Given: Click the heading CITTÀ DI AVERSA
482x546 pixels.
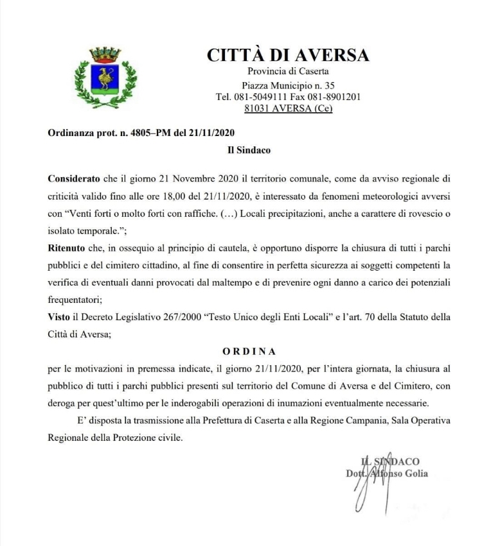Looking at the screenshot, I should pyautogui.click(x=288, y=55).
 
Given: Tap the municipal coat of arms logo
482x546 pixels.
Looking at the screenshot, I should pyautogui.click(x=105, y=77).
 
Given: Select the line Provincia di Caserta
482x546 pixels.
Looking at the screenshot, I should pyautogui.click(x=288, y=71).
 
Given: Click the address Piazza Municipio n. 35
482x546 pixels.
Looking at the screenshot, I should pyautogui.click(x=288, y=85).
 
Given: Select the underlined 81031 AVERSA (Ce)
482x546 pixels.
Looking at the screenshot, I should pyautogui.click(x=288, y=108).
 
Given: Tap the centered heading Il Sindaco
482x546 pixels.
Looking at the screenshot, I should pyautogui.click(x=249, y=151).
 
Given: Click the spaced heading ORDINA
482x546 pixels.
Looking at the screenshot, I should pyautogui.click(x=249, y=352).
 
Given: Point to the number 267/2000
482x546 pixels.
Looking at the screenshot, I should pyautogui.click(x=181, y=317).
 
